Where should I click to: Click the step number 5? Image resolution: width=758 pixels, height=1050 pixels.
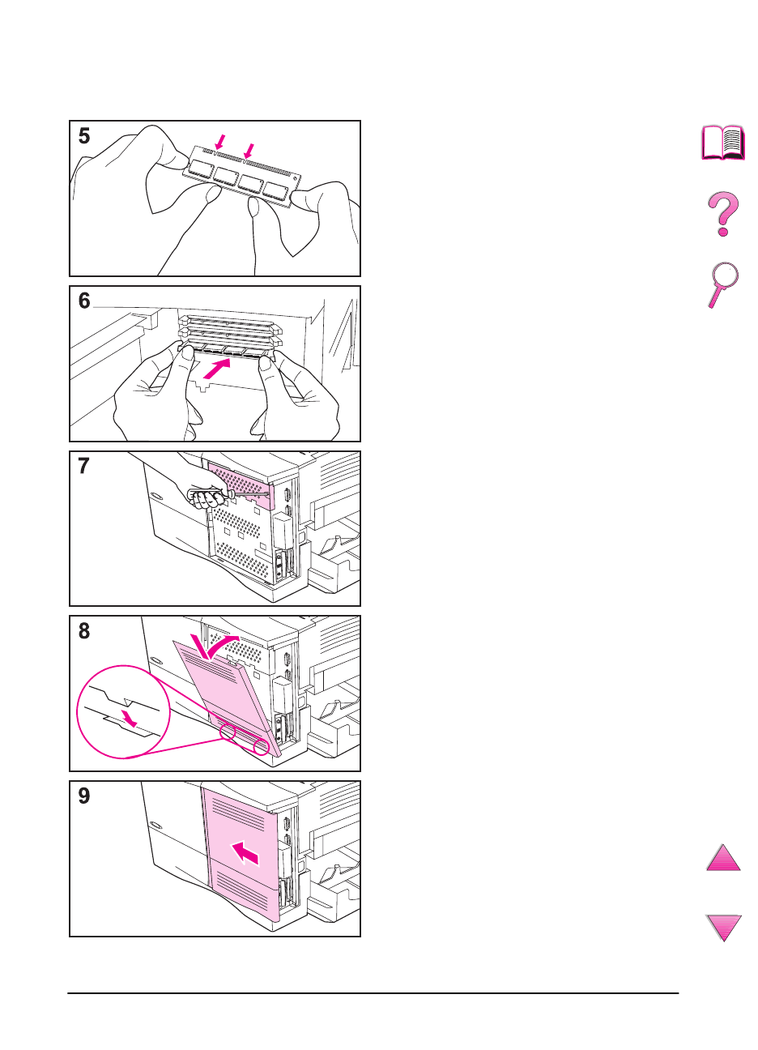[x=84, y=136]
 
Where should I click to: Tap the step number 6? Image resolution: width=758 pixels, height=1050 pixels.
[x=84, y=301]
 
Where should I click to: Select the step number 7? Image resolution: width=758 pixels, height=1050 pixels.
[x=84, y=466]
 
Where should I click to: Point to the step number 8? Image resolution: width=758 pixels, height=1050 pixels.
[x=84, y=631]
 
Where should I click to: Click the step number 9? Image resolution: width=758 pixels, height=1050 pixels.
[x=84, y=796]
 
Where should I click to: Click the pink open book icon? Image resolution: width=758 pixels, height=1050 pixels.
[x=723, y=143]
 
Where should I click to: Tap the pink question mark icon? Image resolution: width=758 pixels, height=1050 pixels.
[x=723, y=214]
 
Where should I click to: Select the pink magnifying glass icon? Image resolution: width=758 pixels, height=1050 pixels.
[x=723, y=284]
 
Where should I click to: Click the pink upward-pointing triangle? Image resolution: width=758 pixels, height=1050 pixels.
[x=723, y=857]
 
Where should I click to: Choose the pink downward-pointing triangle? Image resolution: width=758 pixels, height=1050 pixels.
[x=724, y=928]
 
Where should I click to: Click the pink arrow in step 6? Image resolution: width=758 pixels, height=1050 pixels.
[x=217, y=369]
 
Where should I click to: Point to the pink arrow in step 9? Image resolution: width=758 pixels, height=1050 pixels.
[x=245, y=852]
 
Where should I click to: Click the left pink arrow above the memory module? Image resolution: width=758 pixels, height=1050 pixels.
[x=219, y=142]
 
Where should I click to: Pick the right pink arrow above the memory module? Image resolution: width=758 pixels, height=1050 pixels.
[x=249, y=151]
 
